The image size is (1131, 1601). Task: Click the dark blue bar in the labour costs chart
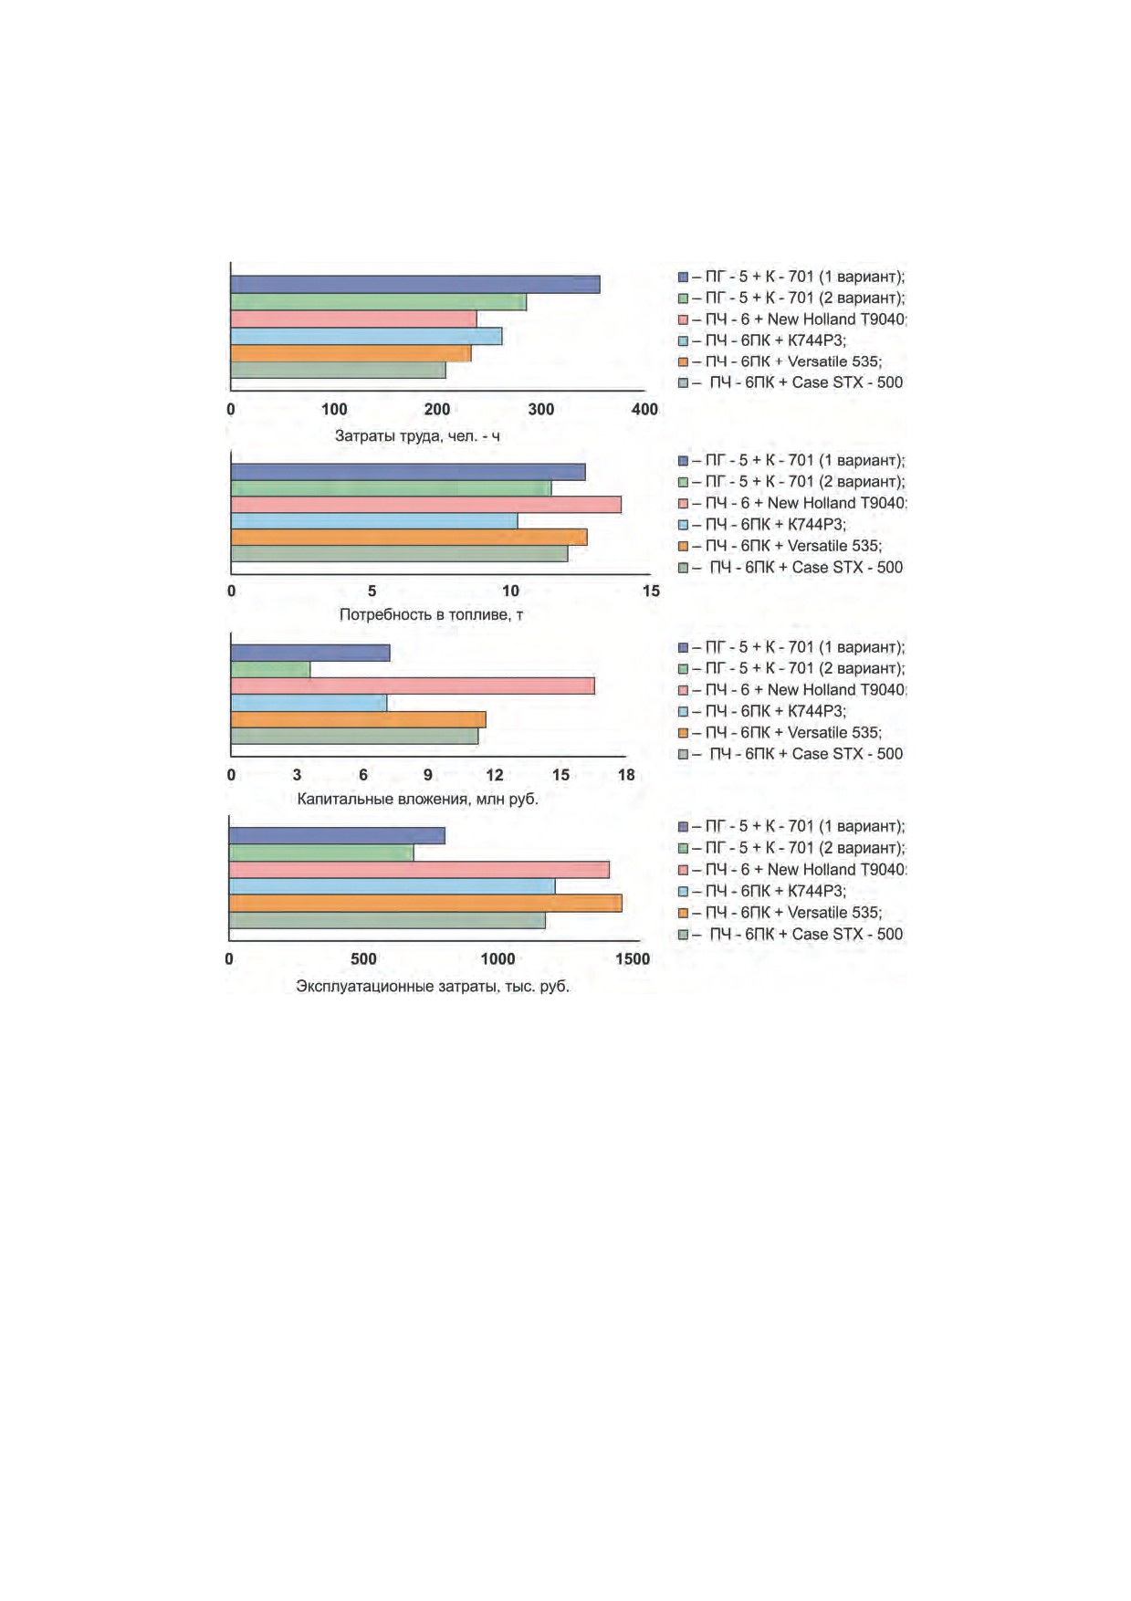coord(415,285)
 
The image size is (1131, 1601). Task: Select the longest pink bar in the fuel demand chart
coord(426,505)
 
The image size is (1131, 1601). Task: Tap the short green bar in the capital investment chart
coord(270,669)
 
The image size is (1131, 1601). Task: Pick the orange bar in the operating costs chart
coord(425,903)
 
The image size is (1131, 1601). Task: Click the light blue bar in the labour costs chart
coord(366,336)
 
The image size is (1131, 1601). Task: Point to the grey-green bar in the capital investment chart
coord(354,736)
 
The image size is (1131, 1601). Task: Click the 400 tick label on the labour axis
coord(644,409)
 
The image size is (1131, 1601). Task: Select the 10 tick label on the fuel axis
coord(511,591)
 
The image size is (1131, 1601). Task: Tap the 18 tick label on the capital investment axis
coord(626,775)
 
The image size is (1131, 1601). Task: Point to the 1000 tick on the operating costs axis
coord(498,958)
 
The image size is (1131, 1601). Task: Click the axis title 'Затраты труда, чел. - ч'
coord(417,436)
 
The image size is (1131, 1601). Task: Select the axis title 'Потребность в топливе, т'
coord(431,615)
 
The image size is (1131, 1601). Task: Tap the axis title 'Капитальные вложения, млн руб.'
coord(418,800)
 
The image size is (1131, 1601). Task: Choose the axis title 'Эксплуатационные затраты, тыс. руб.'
coord(433,987)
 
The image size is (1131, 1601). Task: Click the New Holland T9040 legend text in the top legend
coord(836,319)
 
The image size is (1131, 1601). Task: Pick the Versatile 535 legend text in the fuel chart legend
coord(834,546)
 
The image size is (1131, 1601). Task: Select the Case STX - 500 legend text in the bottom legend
coord(847,934)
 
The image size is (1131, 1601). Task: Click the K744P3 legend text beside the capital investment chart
coord(817,711)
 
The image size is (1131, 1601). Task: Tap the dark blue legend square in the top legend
coord(683,277)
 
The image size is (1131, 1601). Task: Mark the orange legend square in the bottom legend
coord(683,913)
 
